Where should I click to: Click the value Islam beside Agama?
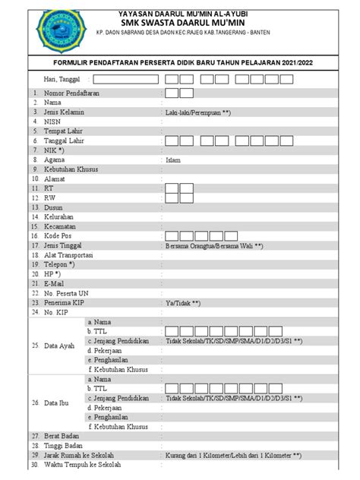pyautogui.click(x=172, y=160)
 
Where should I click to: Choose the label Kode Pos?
pyautogui.click(x=58, y=236)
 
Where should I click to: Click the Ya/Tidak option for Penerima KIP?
pyautogui.click(x=188, y=303)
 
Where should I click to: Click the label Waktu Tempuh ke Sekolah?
pyautogui.click(x=82, y=466)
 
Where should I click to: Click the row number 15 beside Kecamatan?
pyautogui.click(x=35, y=226)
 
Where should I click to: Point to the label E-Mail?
pyautogui.click(x=55, y=283)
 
